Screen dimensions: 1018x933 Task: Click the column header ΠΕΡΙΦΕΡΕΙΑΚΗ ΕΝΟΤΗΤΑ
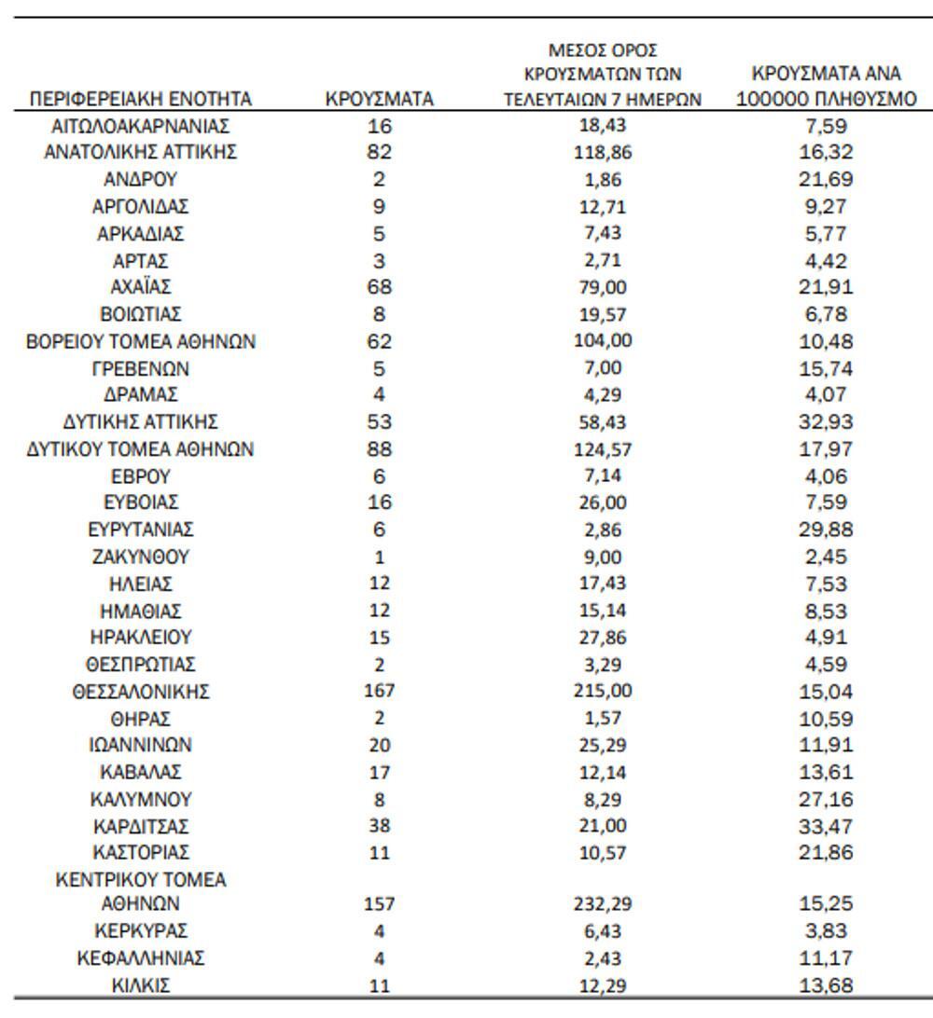[141, 99]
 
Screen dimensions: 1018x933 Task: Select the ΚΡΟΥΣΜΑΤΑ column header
[380, 99]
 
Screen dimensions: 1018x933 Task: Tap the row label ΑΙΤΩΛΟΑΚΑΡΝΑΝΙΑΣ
[141, 125]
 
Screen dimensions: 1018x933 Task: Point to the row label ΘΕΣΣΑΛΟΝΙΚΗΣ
[141, 692]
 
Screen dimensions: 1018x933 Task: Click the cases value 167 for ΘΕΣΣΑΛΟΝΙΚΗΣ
[380, 692]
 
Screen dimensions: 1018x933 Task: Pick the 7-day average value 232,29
[603, 903]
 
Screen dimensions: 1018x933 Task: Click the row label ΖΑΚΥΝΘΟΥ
[141, 557]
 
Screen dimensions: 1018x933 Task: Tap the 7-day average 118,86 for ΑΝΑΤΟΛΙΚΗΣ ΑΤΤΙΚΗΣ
[603, 152]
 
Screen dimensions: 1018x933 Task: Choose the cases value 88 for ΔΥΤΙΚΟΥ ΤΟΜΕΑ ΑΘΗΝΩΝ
[380, 449]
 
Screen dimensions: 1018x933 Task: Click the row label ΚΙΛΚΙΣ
[141, 984]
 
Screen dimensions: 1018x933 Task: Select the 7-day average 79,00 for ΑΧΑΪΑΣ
[603, 287]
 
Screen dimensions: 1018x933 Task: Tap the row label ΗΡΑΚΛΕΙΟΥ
[141, 639]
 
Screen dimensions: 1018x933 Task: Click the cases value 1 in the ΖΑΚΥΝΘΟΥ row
[380, 557]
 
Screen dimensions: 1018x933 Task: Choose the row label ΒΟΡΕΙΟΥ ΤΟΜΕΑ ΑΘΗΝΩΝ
[141, 342]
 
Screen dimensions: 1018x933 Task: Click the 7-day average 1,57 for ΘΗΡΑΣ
[603, 719]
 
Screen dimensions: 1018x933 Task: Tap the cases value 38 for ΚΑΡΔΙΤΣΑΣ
[380, 826]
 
